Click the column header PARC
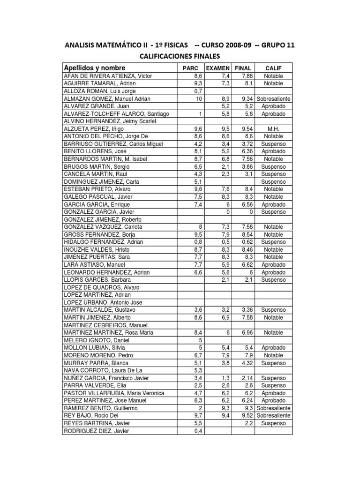192,68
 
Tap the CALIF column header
273,68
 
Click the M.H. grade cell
273,129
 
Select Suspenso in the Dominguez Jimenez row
273,181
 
